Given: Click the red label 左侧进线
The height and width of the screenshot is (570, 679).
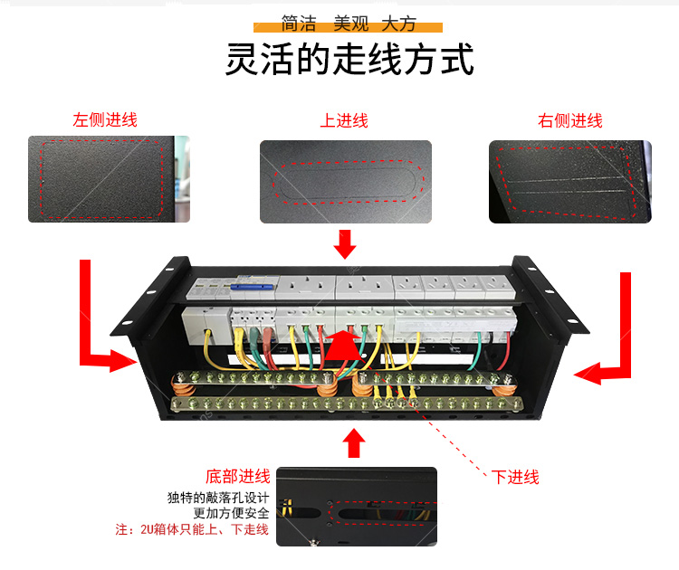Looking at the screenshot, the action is click(x=105, y=120).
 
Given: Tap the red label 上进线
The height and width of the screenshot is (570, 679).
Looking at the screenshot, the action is click(x=344, y=120).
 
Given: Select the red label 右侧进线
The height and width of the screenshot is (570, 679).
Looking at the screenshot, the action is click(x=569, y=120).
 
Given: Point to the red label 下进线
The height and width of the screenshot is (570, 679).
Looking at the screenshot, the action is click(x=515, y=477).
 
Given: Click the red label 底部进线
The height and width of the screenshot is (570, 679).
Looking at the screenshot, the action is click(x=238, y=476).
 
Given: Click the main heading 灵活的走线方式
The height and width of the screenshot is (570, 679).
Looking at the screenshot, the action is click(x=349, y=60).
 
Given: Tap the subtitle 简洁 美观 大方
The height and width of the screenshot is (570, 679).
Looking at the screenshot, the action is click(x=349, y=23).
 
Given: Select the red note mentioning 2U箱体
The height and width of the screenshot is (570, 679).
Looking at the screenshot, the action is click(x=192, y=529).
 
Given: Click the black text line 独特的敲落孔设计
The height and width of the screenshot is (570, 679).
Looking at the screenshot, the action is click(x=218, y=498).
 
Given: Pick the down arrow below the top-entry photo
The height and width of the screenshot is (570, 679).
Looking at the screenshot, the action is click(x=345, y=244).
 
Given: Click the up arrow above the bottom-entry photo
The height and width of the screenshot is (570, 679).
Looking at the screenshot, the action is click(x=354, y=442).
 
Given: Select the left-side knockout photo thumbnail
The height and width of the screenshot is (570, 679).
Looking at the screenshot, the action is click(x=109, y=179).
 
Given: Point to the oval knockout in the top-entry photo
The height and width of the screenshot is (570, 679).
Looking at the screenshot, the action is click(x=349, y=182).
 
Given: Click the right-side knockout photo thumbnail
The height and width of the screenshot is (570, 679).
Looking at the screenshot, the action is click(x=569, y=182).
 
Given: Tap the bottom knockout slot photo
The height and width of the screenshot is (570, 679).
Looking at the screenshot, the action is click(x=357, y=507).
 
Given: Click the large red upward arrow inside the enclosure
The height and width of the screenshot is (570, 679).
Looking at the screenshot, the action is click(x=344, y=346).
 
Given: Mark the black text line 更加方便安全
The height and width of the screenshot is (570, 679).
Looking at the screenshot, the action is click(x=231, y=513).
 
